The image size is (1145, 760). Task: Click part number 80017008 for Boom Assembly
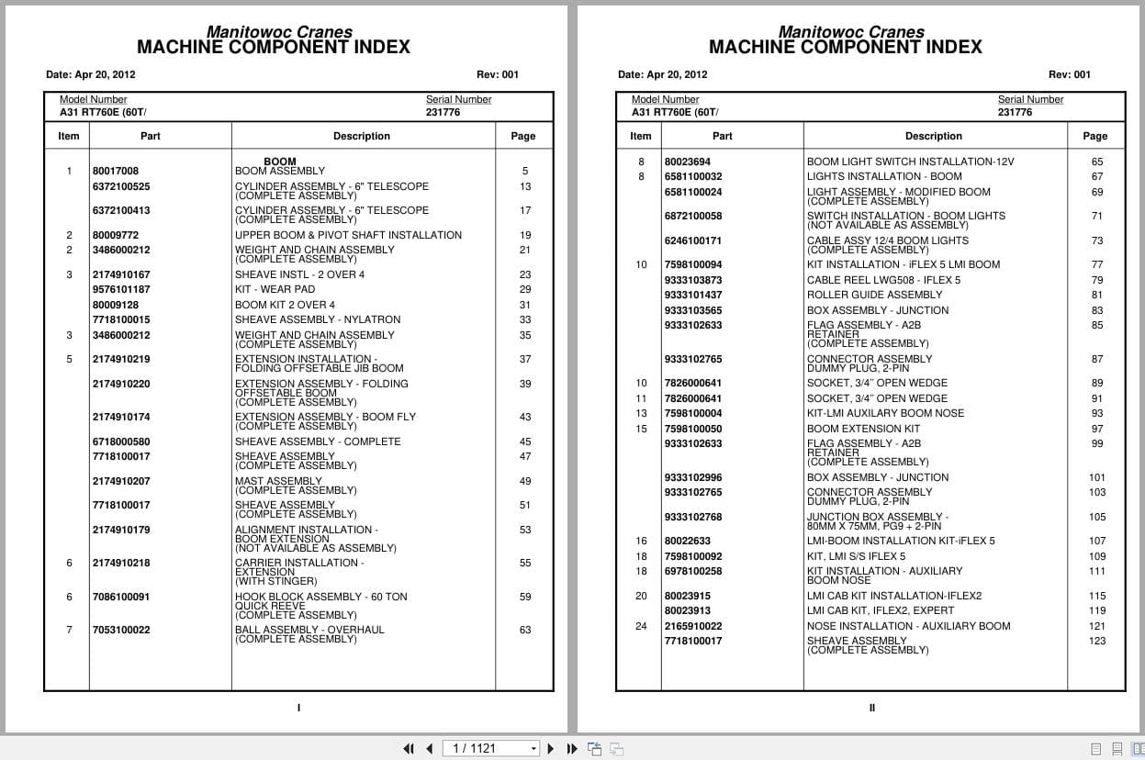point(116,171)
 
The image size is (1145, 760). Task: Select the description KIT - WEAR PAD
point(275,289)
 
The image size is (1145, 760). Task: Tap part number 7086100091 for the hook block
point(120,597)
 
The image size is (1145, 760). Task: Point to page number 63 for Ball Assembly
point(525,630)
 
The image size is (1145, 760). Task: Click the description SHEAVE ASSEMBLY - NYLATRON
point(318,319)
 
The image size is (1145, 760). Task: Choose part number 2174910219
point(121,359)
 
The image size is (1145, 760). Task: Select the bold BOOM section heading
point(280,162)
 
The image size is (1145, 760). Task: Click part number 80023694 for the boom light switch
point(688,162)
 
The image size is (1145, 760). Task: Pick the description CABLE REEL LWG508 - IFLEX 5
point(883,280)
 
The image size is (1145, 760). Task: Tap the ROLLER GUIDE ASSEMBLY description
point(874,295)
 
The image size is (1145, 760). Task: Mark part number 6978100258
point(693,571)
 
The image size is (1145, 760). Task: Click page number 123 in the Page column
point(1097,641)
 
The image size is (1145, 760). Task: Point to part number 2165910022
point(693,626)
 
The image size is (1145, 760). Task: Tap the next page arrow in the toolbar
point(551,749)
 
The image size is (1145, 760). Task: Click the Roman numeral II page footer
point(872,708)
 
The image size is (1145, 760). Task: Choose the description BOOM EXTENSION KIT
point(863,429)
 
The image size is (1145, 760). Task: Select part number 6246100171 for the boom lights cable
point(693,240)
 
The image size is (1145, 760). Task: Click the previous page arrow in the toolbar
point(429,749)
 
